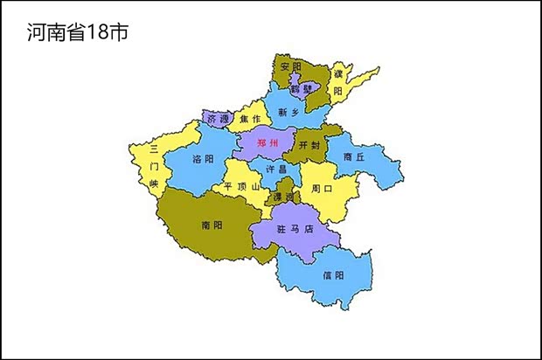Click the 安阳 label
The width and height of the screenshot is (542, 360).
pyautogui.click(x=291, y=66)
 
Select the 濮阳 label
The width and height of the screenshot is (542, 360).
pyautogui.click(x=337, y=81)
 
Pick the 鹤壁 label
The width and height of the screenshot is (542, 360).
pyautogui.click(x=302, y=88)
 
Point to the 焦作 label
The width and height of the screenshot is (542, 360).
pyautogui.click(x=249, y=119)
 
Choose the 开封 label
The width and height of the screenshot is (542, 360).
pyautogui.click(x=309, y=145)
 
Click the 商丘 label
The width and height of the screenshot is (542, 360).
pyautogui.click(x=354, y=157)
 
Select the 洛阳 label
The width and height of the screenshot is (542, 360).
pyautogui.click(x=202, y=160)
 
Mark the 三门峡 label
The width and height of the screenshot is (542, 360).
pyautogui.click(x=154, y=165)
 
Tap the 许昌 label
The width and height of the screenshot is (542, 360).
pyautogui.click(x=276, y=169)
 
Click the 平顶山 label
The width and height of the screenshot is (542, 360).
pyautogui.click(x=242, y=186)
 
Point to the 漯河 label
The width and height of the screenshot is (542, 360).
pyautogui.click(x=283, y=197)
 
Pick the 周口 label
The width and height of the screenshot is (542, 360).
pyautogui.click(x=321, y=188)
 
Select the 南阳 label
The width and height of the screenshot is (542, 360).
pyautogui.click(x=212, y=225)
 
